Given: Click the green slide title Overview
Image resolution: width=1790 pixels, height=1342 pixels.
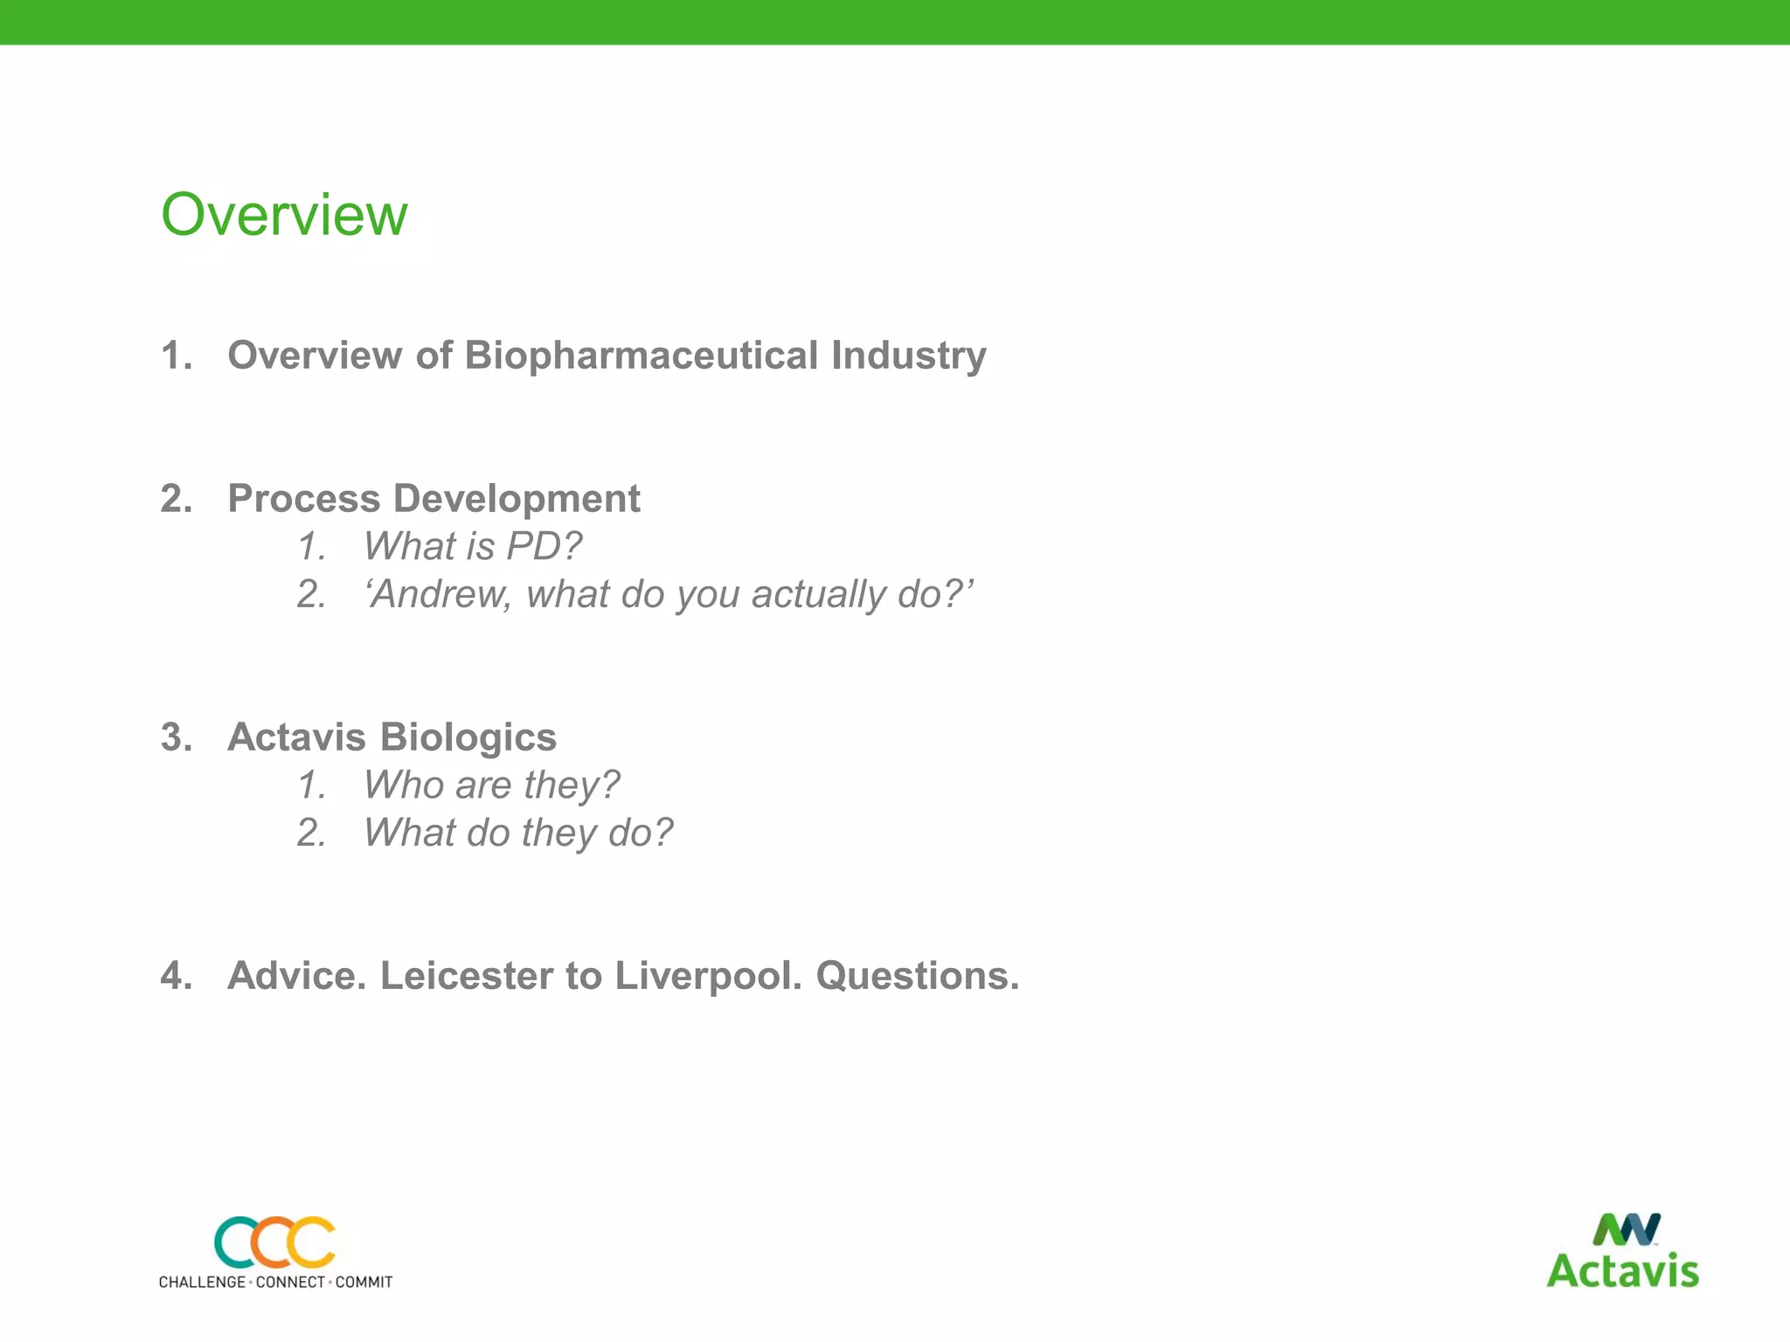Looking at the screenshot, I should [284, 215].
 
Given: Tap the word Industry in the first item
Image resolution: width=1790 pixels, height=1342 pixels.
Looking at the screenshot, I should [908, 356].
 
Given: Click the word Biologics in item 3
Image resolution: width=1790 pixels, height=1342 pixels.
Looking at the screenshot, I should [468, 737].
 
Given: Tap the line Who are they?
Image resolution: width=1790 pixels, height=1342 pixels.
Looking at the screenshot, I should [491, 785].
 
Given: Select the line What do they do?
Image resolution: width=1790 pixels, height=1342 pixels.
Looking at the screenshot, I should [518, 834].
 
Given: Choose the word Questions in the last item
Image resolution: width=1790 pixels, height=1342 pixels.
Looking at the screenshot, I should [916, 976].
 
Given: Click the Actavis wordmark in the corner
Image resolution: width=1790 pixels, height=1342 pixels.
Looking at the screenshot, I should [1622, 1271].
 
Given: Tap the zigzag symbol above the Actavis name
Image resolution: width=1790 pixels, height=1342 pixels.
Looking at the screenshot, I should [1626, 1230].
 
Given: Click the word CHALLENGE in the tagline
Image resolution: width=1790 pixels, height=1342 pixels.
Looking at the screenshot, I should [202, 1283].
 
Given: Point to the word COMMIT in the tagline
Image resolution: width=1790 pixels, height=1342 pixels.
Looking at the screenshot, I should [364, 1283].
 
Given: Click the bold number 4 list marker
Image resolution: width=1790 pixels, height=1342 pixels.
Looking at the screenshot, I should [175, 976].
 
